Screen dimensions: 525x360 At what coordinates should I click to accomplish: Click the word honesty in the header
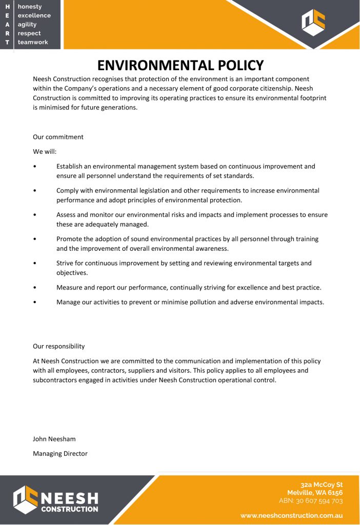tap(30, 7)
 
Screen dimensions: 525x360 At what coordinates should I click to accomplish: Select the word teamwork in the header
tap(33, 42)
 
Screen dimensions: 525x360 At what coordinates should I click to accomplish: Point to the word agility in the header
tap(27, 24)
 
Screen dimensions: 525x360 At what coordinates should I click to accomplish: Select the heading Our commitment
tap(58, 137)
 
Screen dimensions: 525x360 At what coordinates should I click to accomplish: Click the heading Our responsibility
tap(58, 346)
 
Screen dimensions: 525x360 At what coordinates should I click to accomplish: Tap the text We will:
tap(45, 152)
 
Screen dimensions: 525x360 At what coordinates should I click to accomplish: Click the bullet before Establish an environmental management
tap(34, 167)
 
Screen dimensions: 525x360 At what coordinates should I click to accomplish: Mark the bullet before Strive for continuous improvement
tap(34, 264)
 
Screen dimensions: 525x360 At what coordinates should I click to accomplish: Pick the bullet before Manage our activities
tap(34, 302)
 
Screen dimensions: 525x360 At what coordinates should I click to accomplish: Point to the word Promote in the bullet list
tap(70, 239)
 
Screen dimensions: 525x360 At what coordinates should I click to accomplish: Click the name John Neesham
tap(54, 439)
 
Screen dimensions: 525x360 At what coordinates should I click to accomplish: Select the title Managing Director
tap(60, 453)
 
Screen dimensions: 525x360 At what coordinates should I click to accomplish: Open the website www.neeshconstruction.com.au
tap(291, 516)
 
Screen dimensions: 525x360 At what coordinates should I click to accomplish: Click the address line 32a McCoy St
tap(322, 484)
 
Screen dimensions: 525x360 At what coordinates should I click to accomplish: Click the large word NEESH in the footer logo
tap(69, 497)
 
